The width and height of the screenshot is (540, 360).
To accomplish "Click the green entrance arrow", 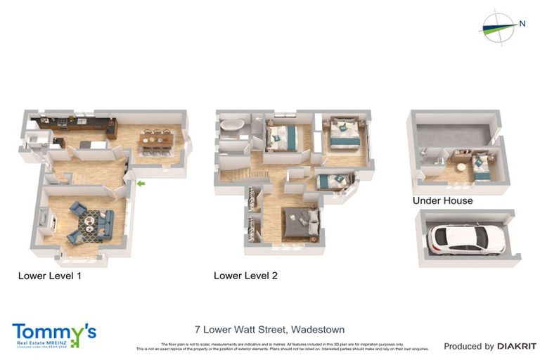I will click(141, 184).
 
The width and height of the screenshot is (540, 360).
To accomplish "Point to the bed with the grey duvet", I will click(301, 223).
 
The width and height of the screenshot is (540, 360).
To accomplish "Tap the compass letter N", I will click(522, 24).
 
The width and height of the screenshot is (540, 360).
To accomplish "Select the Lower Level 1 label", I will click(49, 276).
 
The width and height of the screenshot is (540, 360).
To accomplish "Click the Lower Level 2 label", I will click(245, 276).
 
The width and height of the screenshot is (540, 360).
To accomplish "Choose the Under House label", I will click(442, 201).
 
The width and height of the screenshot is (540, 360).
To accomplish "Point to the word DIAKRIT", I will click(517, 346).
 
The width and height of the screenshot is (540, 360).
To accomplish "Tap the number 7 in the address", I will click(198, 329).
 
